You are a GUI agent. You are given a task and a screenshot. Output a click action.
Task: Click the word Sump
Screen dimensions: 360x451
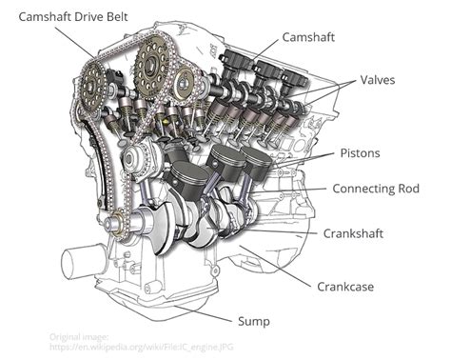(x=254, y=321)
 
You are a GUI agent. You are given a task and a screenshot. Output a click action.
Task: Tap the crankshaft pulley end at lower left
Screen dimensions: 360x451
(x=116, y=226)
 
